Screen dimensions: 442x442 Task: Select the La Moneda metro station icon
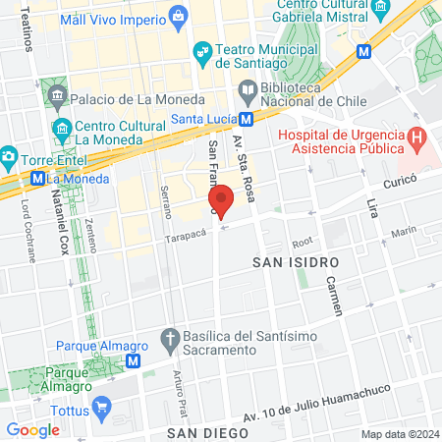point(37,179)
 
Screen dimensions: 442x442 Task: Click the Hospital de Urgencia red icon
point(416,140)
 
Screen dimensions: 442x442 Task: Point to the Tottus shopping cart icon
point(99,406)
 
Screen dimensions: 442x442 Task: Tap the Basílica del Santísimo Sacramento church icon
point(169,337)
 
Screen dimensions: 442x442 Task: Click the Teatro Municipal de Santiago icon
point(202,51)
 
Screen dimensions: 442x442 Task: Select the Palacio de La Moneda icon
point(55,98)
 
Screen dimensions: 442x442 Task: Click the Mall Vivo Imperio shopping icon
point(177,17)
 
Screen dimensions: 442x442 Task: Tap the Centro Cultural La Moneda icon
point(63,130)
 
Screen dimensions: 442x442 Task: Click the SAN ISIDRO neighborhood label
point(296,263)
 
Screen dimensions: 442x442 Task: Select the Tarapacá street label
point(187,236)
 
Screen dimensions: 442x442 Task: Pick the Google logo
point(32,429)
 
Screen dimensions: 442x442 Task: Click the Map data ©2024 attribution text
point(399,434)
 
